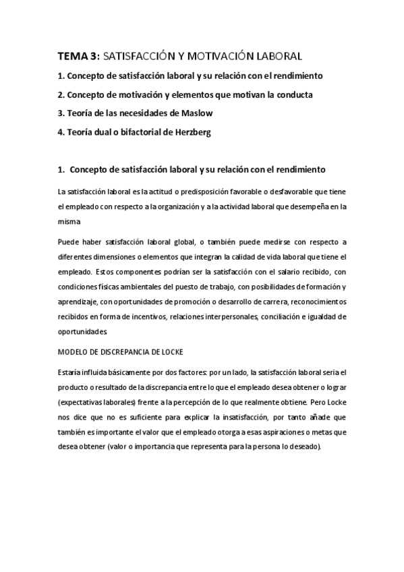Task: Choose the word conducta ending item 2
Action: coord(293,94)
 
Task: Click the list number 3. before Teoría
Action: coord(61,113)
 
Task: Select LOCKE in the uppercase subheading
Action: coord(170,352)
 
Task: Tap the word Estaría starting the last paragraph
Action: coord(71,372)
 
